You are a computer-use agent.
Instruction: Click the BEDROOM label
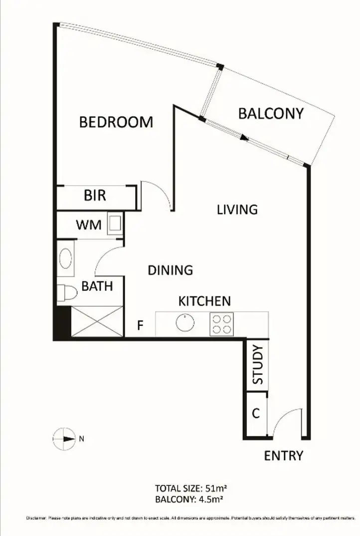tap(116, 122)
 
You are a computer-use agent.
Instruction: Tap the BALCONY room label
tap(271, 113)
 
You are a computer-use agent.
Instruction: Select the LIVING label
tap(237, 209)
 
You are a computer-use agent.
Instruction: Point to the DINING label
tap(171, 270)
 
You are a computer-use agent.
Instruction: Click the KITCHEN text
tap(204, 301)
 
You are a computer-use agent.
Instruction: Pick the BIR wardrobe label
tap(95, 195)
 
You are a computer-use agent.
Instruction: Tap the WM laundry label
tap(89, 225)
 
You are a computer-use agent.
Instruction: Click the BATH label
tap(97, 286)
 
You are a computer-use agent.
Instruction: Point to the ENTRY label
tap(283, 456)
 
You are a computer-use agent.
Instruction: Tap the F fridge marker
tap(141, 327)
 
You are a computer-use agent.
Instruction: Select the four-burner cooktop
tap(221, 324)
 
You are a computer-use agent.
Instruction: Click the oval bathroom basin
tap(65, 259)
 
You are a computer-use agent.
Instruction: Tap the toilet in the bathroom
tap(64, 292)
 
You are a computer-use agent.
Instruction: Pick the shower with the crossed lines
tap(97, 322)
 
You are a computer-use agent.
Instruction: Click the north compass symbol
tap(63, 439)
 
